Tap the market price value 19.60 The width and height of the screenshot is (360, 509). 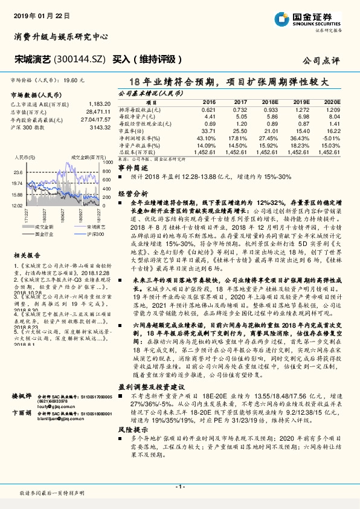pos(71,80)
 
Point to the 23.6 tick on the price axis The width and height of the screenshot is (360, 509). pos(17,172)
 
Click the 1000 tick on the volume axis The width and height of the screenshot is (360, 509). pos(106,162)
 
